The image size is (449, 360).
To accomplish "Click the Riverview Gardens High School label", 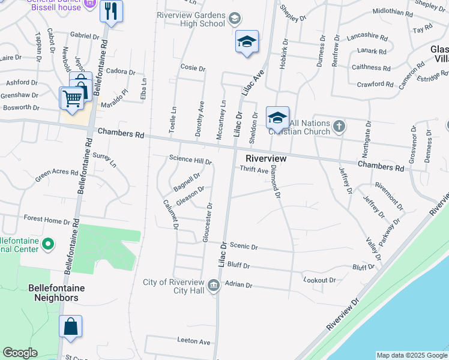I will (191, 19).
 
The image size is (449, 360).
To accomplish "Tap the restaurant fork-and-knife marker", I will (110, 11).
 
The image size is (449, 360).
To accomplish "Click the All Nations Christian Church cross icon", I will (339, 126).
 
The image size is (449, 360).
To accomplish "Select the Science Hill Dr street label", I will (190, 161).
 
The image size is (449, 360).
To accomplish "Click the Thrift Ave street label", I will (254, 170).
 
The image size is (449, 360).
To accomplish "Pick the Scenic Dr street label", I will (244, 247).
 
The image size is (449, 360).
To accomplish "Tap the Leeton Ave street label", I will (194, 341).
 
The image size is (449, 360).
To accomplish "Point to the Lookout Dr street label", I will (319, 280).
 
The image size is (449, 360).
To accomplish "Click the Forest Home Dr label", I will (47, 220).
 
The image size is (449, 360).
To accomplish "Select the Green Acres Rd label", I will (56, 176).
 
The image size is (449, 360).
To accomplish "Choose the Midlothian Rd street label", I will (393, 11).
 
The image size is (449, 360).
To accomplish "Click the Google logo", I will (20, 353).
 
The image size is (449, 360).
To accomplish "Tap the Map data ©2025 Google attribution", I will (411, 355).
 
